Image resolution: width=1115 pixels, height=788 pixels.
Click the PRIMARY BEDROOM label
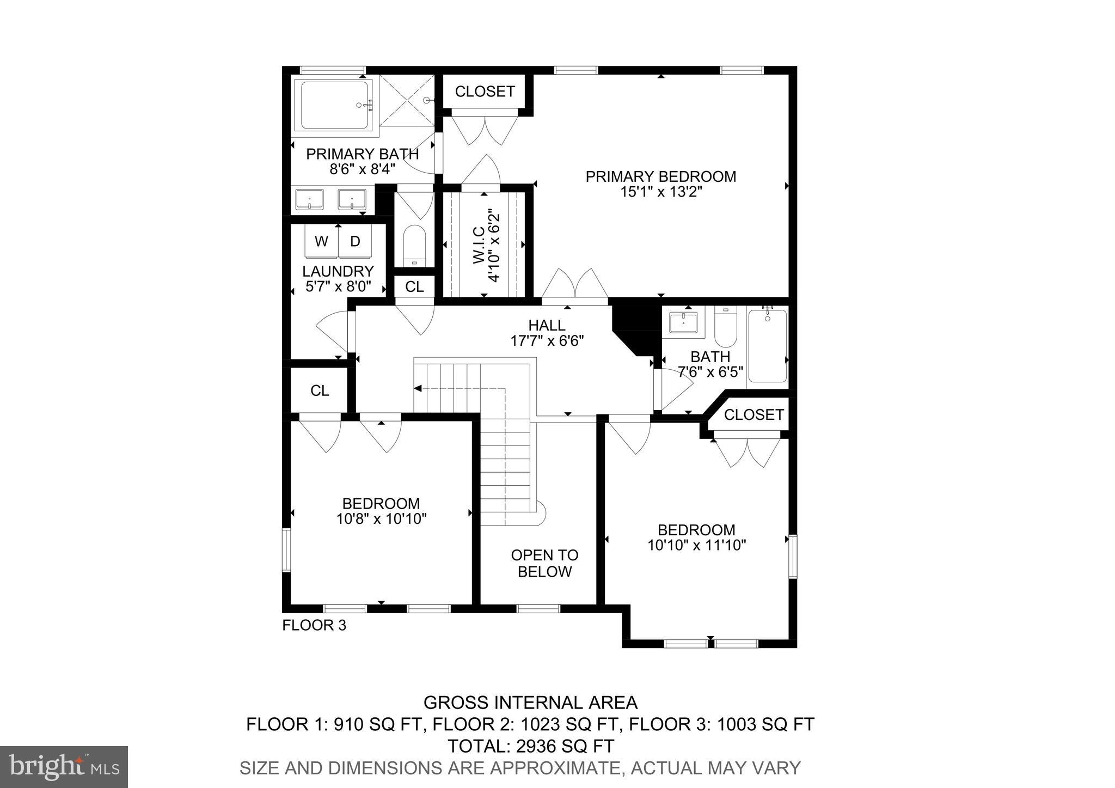click(x=660, y=176)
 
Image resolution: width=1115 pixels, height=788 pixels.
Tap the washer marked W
click(x=321, y=241)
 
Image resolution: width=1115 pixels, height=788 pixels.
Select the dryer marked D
click(x=355, y=241)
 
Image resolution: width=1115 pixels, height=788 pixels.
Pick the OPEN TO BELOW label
click(x=544, y=563)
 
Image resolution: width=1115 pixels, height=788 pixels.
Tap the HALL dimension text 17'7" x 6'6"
click(x=547, y=341)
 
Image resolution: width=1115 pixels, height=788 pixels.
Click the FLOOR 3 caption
click(x=314, y=625)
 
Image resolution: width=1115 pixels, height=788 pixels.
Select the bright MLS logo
click(x=64, y=767)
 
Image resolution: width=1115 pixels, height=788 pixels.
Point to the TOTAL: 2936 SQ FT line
click(x=530, y=746)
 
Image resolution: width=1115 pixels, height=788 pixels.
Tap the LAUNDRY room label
click(x=338, y=271)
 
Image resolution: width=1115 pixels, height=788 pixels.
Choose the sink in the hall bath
click(x=683, y=322)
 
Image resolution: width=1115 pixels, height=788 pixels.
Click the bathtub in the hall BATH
click(x=767, y=346)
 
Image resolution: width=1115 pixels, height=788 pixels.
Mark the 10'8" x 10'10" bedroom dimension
click(x=381, y=518)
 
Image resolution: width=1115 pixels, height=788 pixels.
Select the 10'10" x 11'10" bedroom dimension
click(x=696, y=545)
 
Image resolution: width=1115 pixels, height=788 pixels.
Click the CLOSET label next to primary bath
click(x=485, y=91)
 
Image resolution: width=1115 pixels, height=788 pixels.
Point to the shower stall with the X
click(x=407, y=101)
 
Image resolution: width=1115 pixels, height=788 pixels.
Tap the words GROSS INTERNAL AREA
click(x=530, y=703)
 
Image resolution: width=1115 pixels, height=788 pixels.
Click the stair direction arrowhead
click(x=418, y=388)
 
